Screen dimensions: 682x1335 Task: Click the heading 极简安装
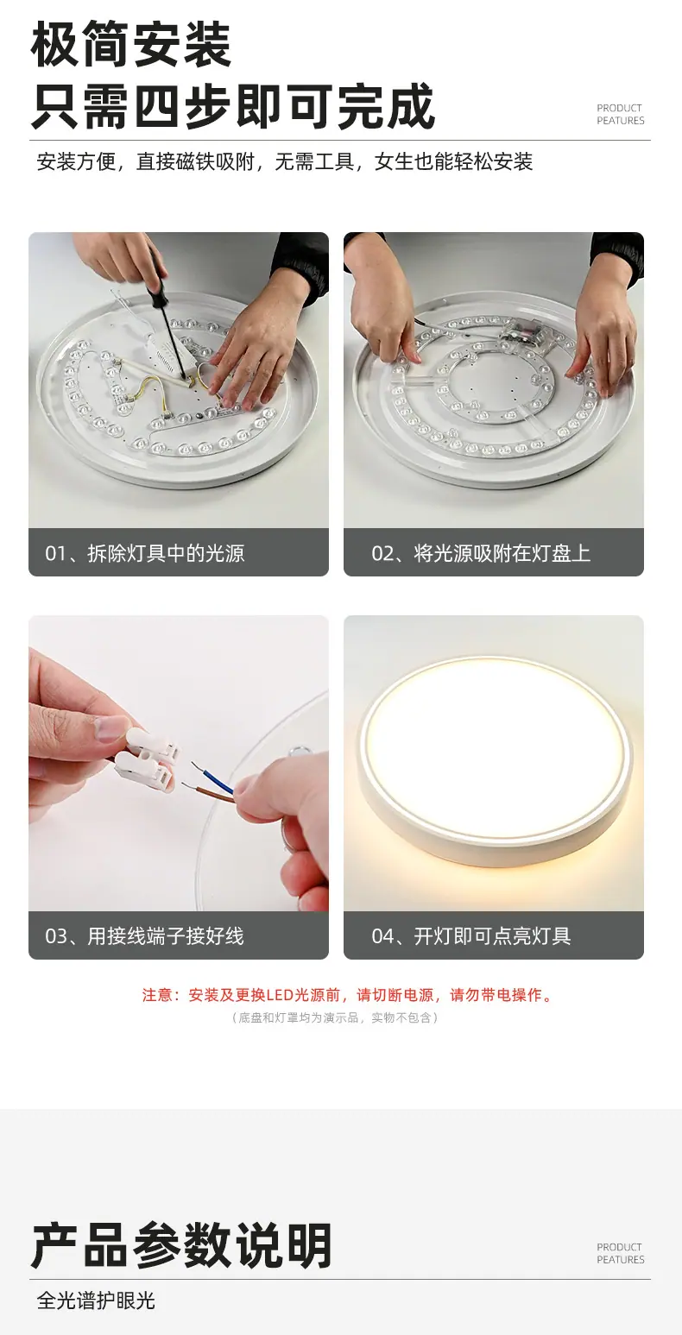point(130,44)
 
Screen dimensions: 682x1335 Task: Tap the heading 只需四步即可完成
point(232,107)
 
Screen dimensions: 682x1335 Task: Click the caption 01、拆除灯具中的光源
point(145,554)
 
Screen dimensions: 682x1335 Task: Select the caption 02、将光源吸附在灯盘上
point(481,554)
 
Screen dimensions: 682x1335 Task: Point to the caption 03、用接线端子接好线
point(145,936)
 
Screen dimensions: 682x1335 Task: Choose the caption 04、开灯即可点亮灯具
point(471,936)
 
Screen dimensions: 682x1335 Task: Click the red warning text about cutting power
point(349,995)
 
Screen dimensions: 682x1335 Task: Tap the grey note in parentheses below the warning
point(334,1017)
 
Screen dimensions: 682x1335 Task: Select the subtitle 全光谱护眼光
point(96,1300)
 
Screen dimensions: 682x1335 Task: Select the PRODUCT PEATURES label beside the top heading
point(621,115)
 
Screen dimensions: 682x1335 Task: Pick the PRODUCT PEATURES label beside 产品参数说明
point(621,1253)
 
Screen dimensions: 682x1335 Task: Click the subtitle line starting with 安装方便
point(284,161)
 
